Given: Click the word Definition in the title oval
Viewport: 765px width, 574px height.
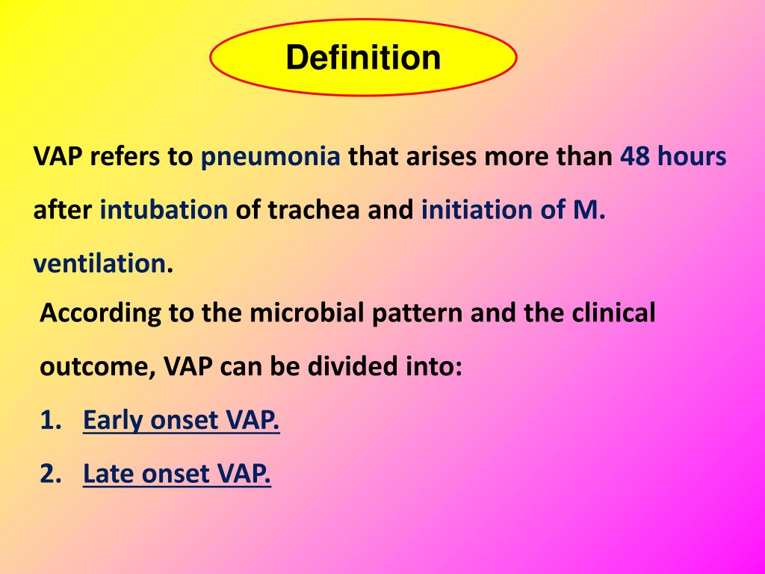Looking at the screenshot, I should pos(363,58).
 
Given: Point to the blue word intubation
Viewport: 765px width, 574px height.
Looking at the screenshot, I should pos(164,211).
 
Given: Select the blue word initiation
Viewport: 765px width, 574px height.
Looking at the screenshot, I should pos(477,211).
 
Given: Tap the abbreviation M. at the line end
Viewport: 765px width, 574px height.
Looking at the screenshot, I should pos(589,211).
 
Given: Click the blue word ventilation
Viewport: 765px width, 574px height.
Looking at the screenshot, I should pos(99,264).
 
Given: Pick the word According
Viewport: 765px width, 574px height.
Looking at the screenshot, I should pos(101,313).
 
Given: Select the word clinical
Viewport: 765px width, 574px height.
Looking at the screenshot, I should pos(613,313).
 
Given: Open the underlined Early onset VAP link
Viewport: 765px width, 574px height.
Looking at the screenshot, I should pos(182,421).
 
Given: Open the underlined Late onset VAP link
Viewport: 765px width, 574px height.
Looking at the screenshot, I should pos(177,473).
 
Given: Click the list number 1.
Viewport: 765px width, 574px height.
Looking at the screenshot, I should pos(49,421).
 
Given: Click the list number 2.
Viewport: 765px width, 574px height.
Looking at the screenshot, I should pos(49,473).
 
